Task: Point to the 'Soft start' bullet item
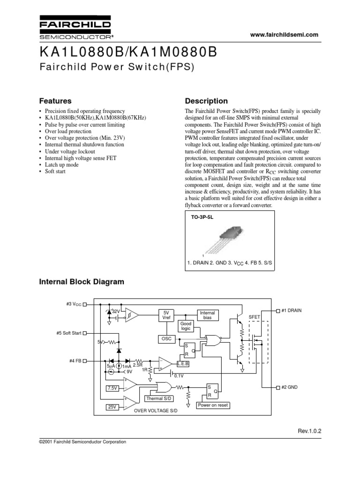coord(55,172)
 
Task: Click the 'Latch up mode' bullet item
coord(61,165)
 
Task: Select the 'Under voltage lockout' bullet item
coord(70,152)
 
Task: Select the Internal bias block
coord(207,315)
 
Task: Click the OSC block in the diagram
coord(166,338)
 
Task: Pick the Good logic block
coord(187,326)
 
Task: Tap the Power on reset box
coord(213,405)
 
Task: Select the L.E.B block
coord(182,364)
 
